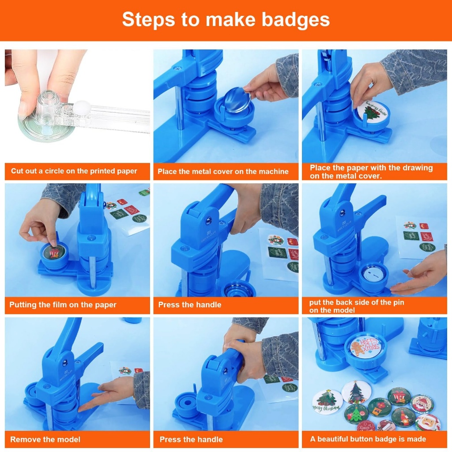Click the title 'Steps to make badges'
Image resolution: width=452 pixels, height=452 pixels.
(226, 19)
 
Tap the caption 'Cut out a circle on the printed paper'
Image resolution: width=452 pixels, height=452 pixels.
(74, 171)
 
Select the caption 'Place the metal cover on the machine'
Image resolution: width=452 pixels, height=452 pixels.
(223, 172)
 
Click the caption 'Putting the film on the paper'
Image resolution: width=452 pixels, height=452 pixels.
(63, 305)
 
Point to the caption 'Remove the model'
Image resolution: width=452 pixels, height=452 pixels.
(45, 439)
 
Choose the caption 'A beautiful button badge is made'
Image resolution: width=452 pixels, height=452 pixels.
(368, 439)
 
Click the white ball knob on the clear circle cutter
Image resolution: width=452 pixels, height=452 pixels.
(82, 108)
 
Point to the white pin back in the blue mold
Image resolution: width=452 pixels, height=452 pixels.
(372, 274)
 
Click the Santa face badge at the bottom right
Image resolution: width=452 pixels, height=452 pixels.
(427, 422)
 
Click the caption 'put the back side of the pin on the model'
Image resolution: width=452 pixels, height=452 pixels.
(357, 306)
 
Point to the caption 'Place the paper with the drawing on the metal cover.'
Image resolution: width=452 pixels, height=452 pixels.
(371, 172)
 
